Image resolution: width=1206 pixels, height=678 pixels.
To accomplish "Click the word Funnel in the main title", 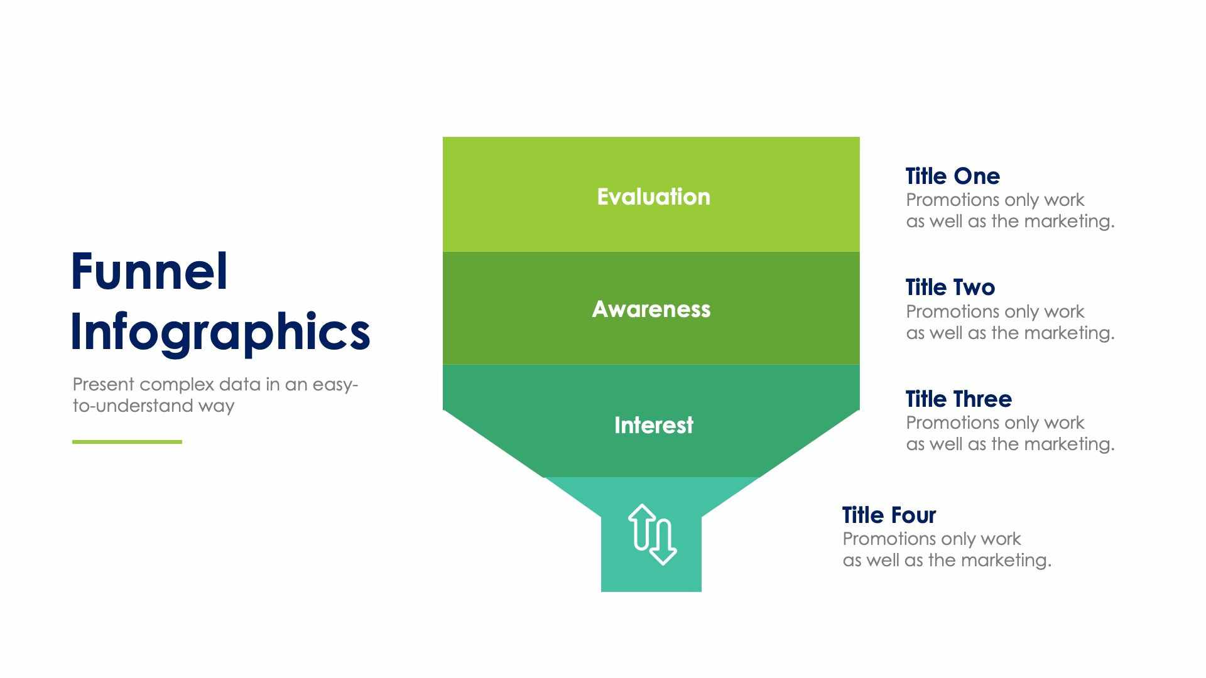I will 149,271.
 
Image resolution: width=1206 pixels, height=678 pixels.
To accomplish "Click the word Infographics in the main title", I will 220,331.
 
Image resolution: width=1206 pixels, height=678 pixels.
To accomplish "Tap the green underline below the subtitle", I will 127,442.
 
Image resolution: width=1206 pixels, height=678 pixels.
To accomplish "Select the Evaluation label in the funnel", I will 653,197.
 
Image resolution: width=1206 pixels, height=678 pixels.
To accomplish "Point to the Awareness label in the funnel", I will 651,309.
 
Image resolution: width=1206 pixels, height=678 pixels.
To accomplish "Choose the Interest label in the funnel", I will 653,425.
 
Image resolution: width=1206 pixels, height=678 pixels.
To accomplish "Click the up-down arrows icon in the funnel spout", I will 652,535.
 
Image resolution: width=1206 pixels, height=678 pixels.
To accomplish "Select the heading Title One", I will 952,176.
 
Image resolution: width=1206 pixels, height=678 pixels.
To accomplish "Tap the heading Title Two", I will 950,288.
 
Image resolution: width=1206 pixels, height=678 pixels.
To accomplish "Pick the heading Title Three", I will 959,399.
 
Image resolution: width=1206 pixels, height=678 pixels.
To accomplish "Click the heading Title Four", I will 889,515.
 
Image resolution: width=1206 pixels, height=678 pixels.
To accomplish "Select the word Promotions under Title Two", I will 952,311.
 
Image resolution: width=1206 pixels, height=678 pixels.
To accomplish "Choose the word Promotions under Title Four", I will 889,539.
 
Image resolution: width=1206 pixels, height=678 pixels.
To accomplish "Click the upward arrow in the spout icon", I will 642,526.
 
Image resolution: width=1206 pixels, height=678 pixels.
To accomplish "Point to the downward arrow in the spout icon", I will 663,544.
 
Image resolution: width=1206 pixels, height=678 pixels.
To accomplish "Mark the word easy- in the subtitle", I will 335,384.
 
